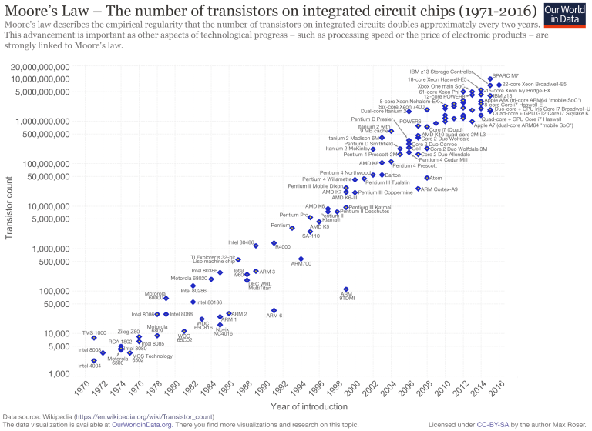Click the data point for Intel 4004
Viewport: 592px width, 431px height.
(94, 360)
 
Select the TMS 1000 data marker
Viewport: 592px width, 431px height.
(94, 338)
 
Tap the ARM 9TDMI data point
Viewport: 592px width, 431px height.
(346, 289)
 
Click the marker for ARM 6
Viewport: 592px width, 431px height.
(274, 311)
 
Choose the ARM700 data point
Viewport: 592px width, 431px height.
(301, 259)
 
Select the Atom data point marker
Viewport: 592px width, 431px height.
(427, 178)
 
